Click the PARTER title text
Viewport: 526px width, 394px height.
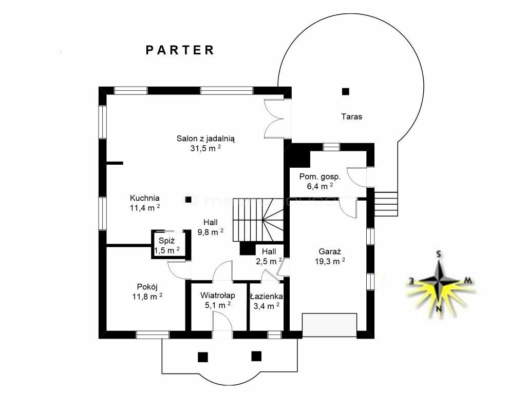[180, 50]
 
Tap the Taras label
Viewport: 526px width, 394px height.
[351, 116]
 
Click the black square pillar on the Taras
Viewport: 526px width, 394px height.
[345, 91]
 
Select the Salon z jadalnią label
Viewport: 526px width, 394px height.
[205, 139]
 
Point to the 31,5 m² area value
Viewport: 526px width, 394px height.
[205, 148]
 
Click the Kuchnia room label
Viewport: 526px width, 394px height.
[144, 198]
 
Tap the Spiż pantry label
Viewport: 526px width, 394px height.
[167, 241]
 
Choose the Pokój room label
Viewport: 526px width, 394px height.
[147, 287]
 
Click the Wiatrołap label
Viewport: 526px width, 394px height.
[218, 295]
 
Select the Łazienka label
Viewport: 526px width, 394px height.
[267, 297]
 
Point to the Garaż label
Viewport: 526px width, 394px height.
[330, 251]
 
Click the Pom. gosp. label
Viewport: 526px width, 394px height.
[320, 176]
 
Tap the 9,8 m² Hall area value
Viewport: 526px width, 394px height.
[210, 232]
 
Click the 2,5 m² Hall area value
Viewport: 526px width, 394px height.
[269, 261]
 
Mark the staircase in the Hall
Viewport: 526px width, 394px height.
[258, 220]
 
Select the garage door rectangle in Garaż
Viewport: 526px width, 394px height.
[329, 325]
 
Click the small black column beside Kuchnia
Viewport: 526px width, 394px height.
[188, 200]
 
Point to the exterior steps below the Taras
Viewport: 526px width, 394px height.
[386, 204]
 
